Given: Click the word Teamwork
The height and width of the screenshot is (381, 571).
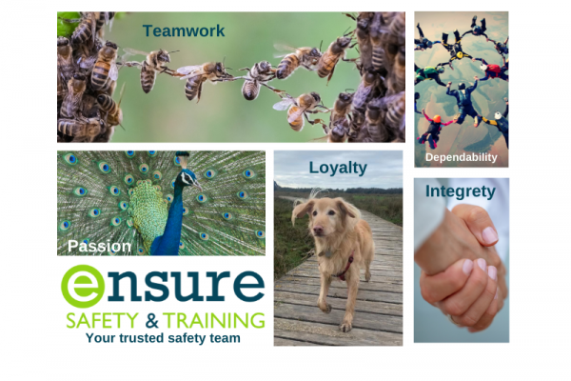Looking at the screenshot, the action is (x=184, y=31).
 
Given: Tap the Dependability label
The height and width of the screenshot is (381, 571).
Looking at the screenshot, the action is (x=461, y=157).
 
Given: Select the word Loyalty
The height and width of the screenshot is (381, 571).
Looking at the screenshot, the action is (x=338, y=168).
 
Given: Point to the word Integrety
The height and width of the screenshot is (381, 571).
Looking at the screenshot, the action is (x=461, y=191).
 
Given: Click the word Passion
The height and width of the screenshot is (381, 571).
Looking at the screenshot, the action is (x=99, y=246).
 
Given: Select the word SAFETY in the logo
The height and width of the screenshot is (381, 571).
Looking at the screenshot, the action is (x=103, y=320).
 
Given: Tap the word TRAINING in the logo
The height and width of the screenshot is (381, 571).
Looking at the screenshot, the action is (x=214, y=320).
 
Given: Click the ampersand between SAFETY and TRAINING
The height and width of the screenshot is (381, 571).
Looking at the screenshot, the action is (x=151, y=321).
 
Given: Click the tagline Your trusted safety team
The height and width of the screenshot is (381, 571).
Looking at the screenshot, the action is (x=163, y=338).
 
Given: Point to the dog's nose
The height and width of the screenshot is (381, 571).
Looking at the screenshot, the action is (x=318, y=231).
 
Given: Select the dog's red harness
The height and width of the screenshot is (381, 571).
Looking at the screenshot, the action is (x=346, y=269).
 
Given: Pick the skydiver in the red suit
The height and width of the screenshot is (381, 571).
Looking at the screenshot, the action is (x=493, y=70).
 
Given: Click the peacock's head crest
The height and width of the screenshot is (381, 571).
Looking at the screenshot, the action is (x=183, y=159).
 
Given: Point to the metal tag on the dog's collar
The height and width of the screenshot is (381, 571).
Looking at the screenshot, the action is (x=328, y=253).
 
